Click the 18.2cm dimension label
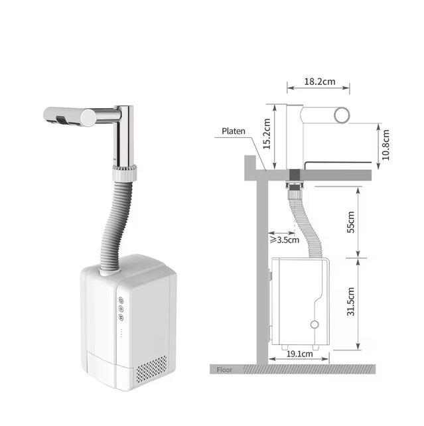point(318,82)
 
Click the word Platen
point(232,131)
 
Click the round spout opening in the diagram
point(342,115)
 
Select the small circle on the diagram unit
point(315,324)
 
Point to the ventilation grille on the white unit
point(153,367)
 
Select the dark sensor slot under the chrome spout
point(60,120)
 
